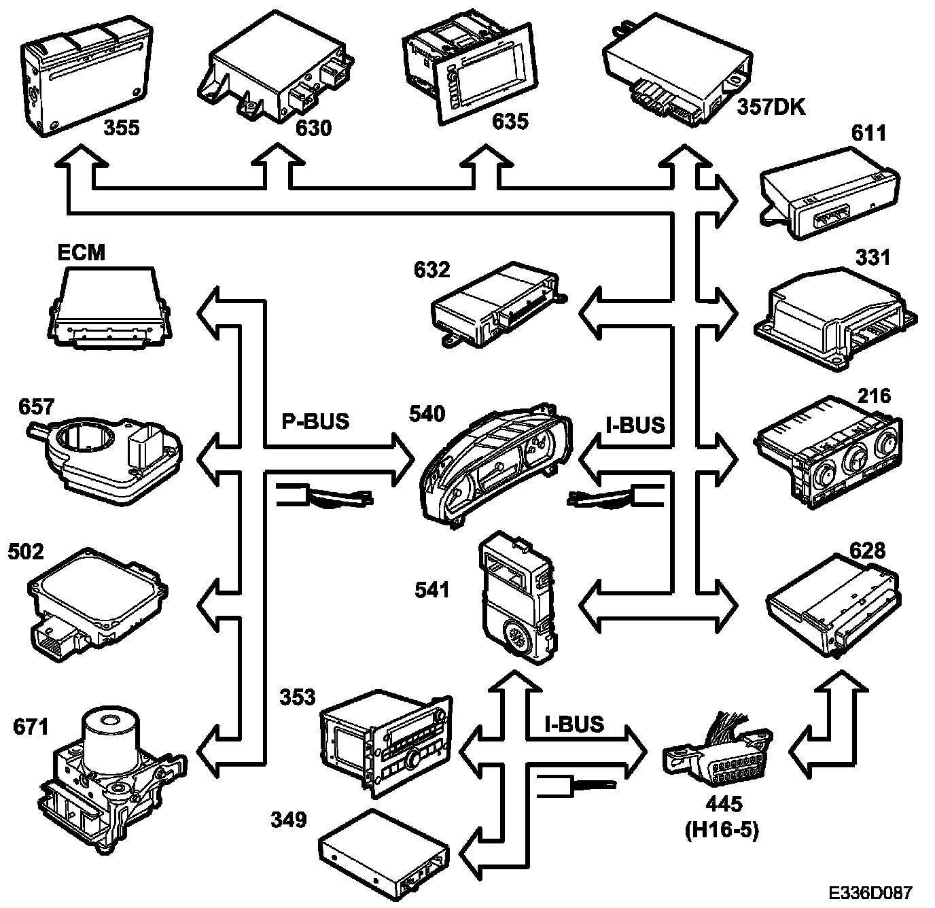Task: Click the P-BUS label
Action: pyautogui.click(x=315, y=421)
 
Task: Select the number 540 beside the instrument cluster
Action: pyautogui.click(x=427, y=414)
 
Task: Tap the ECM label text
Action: pyautogui.click(x=81, y=252)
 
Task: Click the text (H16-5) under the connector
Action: pyautogui.click(x=723, y=829)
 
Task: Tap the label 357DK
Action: pyautogui.click(x=771, y=107)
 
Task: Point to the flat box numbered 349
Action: pyautogui.click(x=384, y=849)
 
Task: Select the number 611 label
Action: pyautogui.click(x=868, y=133)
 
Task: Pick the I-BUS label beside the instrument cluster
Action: pyautogui.click(x=635, y=425)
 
